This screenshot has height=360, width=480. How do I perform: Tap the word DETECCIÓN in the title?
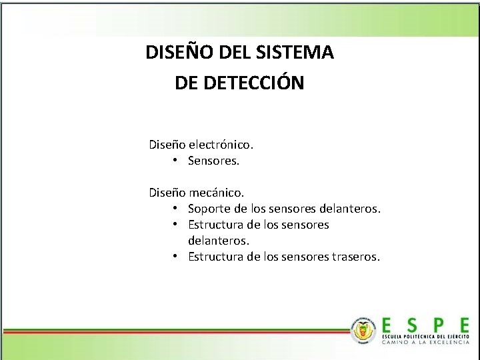click(255, 83)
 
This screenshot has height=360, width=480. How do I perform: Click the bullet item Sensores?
click(213, 161)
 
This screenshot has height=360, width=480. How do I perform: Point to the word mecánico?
click(216, 193)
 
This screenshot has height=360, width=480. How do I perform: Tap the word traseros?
click(355, 257)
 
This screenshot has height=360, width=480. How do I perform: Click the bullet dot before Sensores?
click(173, 161)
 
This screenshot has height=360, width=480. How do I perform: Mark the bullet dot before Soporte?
click(173, 209)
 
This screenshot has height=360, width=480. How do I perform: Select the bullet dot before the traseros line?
click(173, 257)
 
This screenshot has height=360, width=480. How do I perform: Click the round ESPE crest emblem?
click(363, 330)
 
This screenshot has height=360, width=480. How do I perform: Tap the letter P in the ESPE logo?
click(438, 325)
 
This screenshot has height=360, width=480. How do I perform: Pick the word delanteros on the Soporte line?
click(349, 209)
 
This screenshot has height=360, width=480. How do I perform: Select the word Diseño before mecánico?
click(167, 193)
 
